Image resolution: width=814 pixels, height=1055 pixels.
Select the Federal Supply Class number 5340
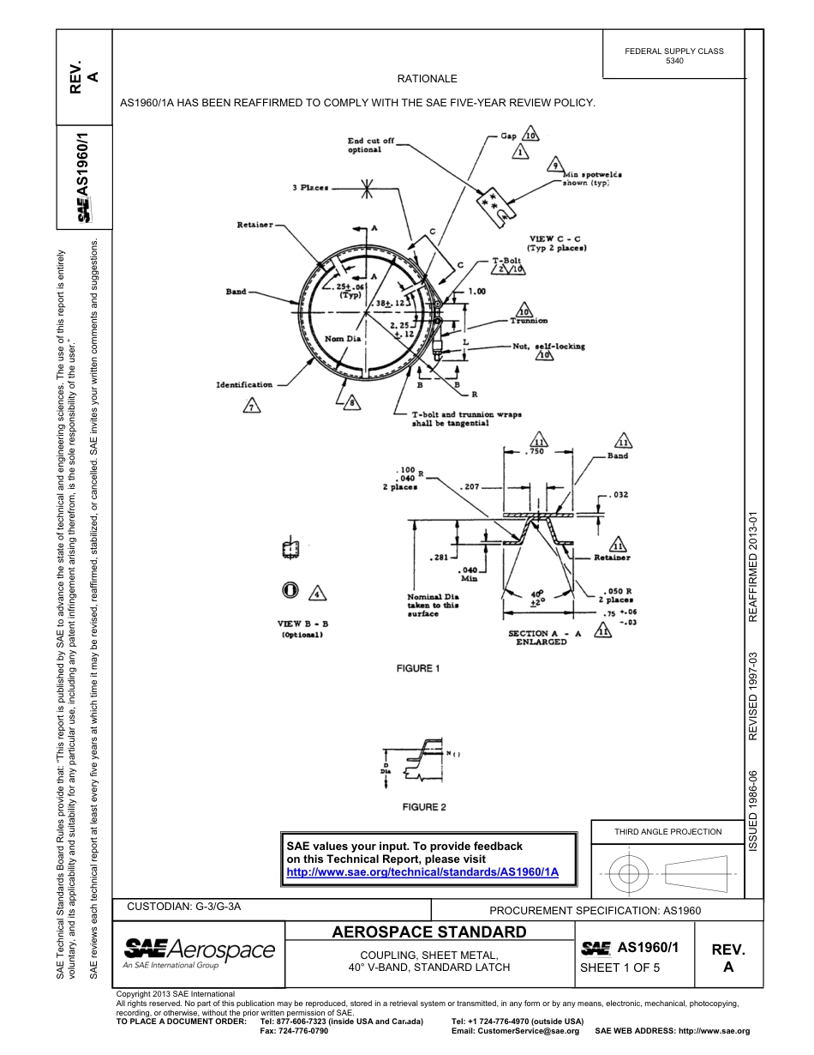674,62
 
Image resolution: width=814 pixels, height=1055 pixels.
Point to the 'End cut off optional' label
370,145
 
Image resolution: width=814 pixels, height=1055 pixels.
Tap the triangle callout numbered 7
251,407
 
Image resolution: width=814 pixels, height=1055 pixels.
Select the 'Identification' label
243,384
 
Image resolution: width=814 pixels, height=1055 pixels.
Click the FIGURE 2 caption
425,807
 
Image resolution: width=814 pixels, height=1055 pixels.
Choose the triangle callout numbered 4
316,593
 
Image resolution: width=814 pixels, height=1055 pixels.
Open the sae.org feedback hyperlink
422,871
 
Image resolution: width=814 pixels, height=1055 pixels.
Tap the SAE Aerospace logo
199,951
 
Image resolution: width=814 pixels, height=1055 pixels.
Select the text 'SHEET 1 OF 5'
619,968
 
